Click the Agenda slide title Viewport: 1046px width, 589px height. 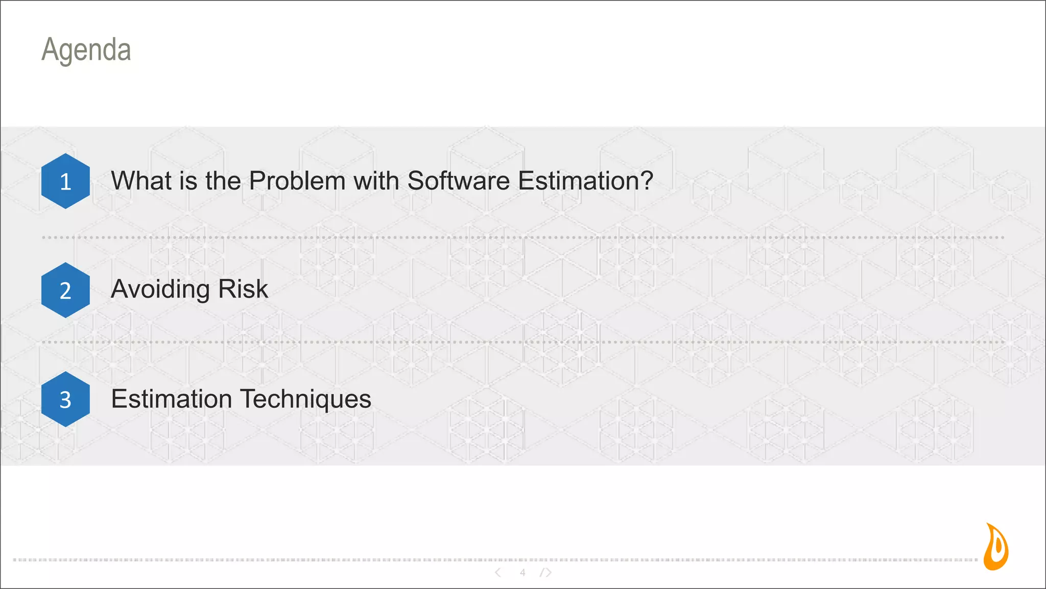pyautogui.click(x=86, y=50)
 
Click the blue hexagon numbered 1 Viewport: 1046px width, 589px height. pyautogui.click(x=65, y=181)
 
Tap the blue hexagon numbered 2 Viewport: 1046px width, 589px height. pyautogui.click(x=65, y=290)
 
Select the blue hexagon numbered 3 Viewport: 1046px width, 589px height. pyautogui.click(x=65, y=399)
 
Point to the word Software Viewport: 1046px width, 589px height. pyautogui.click(x=458, y=181)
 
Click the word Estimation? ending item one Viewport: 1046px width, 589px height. pyautogui.click(x=585, y=181)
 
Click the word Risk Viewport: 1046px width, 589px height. pyautogui.click(x=243, y=289)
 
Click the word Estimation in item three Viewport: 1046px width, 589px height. pyautogui.click(x=171, y=399)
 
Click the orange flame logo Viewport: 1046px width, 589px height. pyautogui.click(x=995, y=547)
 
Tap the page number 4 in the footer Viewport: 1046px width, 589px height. pyautogui.click(x=522, y=573)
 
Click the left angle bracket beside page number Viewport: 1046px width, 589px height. pyautogui.click(x=498, y=573)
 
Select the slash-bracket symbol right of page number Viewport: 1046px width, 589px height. pyautogui.click(x=545, y=573)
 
